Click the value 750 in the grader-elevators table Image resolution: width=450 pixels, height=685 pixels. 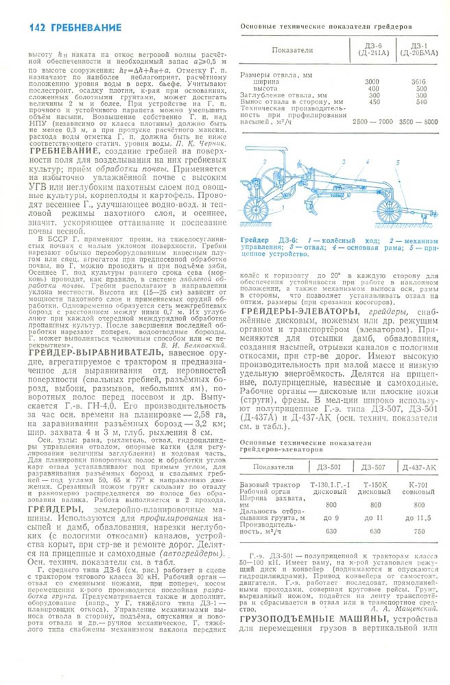[417, 531]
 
